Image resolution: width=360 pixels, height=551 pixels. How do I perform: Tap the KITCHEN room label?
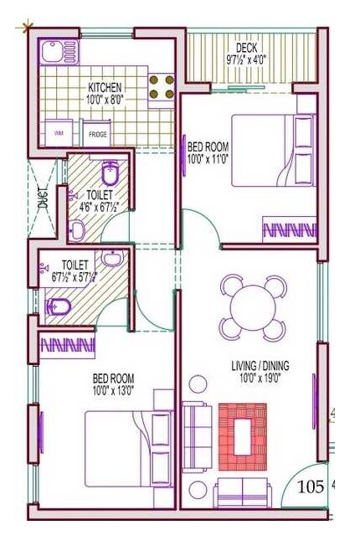tap(105, 87)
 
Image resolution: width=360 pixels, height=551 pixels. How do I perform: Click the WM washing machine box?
tap(59, 133)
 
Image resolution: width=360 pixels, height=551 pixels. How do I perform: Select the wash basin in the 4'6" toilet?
tap(76, 228)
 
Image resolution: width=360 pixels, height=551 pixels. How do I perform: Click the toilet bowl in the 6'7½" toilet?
tap(59, 308)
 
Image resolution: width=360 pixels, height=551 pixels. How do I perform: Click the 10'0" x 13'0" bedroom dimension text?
tap(114, 389)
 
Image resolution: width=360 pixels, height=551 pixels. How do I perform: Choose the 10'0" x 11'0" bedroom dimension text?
tap(208, 157)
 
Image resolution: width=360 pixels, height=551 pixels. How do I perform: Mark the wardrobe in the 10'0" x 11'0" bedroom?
tap(289, 228)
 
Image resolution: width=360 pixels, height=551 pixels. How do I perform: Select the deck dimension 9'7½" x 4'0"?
tap(247, 60)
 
